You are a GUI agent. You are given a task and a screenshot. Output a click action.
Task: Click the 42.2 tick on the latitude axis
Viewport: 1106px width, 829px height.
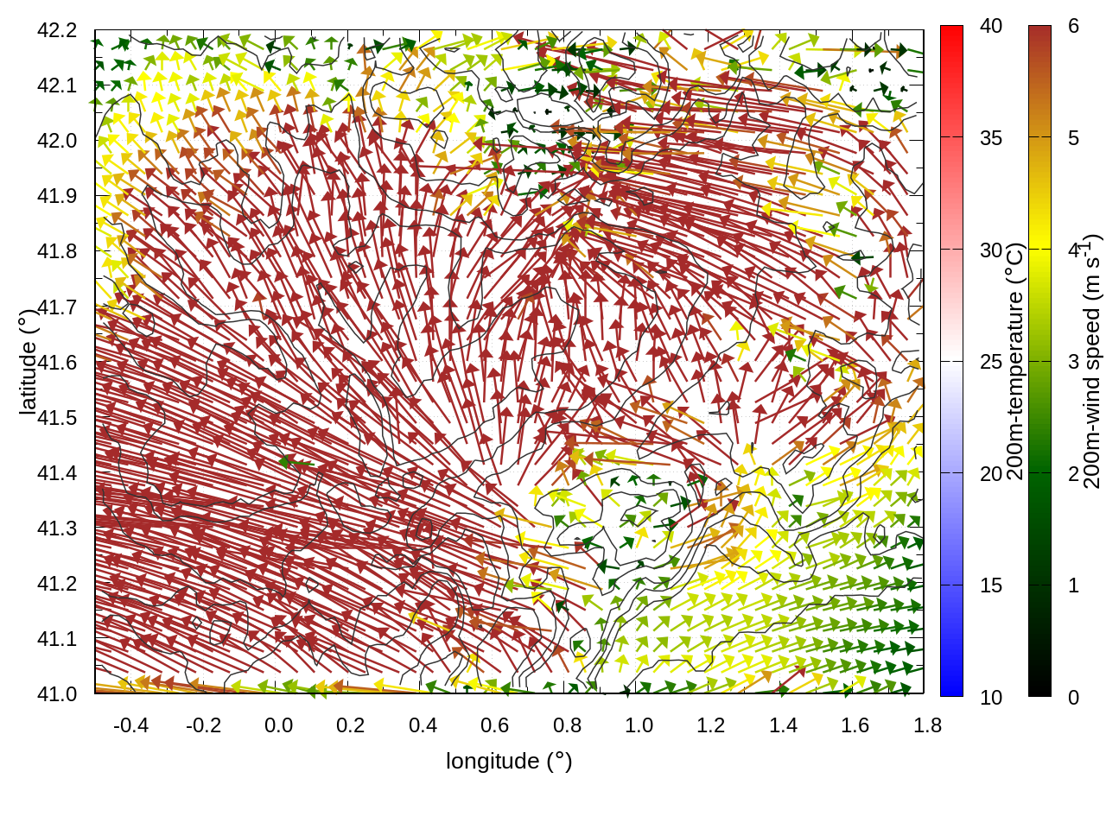[57, 30]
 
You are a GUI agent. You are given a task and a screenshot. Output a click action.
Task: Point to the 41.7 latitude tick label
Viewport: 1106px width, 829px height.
[57, 307]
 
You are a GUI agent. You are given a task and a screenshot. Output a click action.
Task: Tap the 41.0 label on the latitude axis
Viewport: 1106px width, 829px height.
[57, 694]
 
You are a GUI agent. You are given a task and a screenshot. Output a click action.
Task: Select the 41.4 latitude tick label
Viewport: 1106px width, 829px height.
[57, 473]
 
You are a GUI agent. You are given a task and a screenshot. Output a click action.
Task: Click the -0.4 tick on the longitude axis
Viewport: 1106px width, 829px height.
[130, 725]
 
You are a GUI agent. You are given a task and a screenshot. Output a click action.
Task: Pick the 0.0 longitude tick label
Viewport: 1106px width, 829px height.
[278, 725]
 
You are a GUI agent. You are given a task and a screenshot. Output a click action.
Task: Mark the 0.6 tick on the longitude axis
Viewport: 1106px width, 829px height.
[495, 725]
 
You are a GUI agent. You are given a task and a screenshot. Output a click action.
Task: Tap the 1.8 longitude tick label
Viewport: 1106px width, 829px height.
[928, 725]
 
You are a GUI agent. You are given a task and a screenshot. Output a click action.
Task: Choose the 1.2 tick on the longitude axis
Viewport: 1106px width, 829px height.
[711, 725]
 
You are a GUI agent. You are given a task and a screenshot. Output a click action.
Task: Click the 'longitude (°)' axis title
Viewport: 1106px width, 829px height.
[509, 761]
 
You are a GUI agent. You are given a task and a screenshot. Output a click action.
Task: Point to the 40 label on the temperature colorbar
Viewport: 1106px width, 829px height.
[991, 26]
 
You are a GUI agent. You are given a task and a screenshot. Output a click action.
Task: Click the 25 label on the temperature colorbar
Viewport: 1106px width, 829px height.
[991, 362]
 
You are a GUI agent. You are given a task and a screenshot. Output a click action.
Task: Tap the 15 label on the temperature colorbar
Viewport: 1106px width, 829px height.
[991, 585]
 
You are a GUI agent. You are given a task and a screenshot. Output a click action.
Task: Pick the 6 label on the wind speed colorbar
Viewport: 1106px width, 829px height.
[1073, 26]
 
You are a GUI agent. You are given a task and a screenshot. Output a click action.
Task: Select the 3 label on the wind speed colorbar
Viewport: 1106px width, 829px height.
[1073, 362]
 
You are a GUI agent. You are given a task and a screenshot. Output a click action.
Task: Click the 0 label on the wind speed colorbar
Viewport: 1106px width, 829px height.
[1073, 697]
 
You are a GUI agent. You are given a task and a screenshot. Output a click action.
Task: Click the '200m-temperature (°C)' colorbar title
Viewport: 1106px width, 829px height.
[1016, 361]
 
